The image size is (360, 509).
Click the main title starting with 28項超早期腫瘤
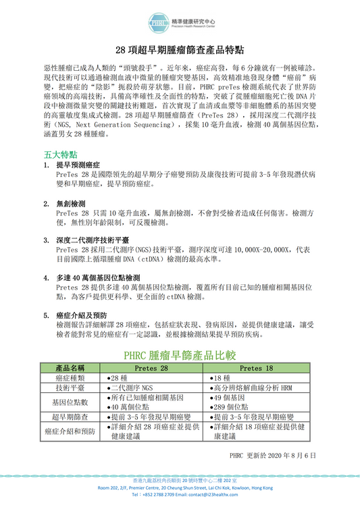(x=180, y=51)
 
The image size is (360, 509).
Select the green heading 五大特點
(x=58, y=154)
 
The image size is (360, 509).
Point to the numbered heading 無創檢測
(x=71, y=203)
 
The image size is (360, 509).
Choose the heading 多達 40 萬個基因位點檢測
(x=98, y=277)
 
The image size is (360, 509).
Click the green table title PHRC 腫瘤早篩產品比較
(x=180, y=355)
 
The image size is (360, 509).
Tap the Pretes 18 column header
(x=256, y=368)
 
